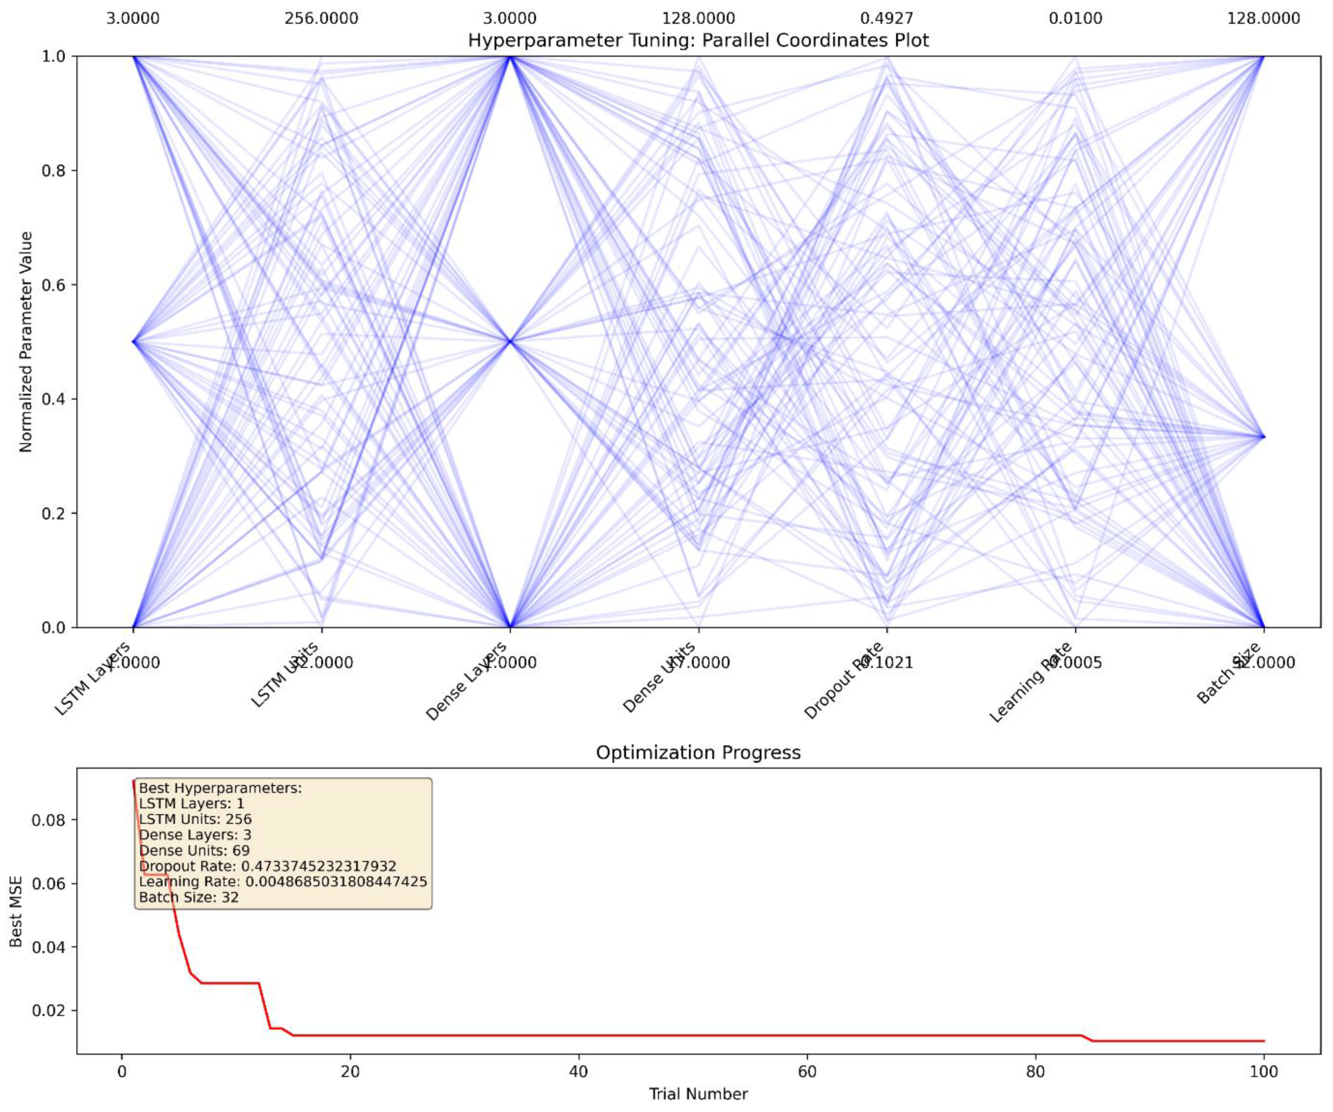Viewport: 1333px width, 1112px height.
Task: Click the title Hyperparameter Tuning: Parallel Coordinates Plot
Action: (x=698, y=40)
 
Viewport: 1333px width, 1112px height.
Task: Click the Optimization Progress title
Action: (x=698, y=753)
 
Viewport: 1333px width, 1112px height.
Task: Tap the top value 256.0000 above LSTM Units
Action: (x=321, y=18)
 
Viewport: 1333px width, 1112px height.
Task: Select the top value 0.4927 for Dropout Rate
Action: (x=887, y=18)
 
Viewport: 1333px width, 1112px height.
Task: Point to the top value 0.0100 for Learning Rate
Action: (x=1075, y=18)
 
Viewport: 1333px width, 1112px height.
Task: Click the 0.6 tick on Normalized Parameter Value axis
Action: (x=54, y=285)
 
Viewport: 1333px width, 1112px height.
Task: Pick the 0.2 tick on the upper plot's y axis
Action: (x=54, y=513)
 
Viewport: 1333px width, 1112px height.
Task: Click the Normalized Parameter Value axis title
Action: (x=25, y=342)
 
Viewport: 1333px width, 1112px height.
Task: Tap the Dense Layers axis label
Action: (x=467, y=681)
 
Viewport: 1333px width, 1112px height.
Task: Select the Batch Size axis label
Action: (x=1228, y=673)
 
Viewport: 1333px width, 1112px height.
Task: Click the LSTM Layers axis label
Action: (x=93, y=678)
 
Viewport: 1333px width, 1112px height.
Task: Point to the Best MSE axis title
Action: (x=16, y=912)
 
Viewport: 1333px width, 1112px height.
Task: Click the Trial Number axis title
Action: (x=698, y=1094)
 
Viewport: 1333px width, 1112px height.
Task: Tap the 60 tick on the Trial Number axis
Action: (x=807, y=1072)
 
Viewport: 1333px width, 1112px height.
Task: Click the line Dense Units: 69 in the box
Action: (x=194, y=850)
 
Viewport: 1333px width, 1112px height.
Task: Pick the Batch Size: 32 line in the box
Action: (x=189, y=897)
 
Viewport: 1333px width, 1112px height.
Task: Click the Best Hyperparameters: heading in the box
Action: (x=220, y=788)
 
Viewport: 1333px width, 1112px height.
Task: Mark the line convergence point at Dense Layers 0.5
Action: (x=510, y=342)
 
